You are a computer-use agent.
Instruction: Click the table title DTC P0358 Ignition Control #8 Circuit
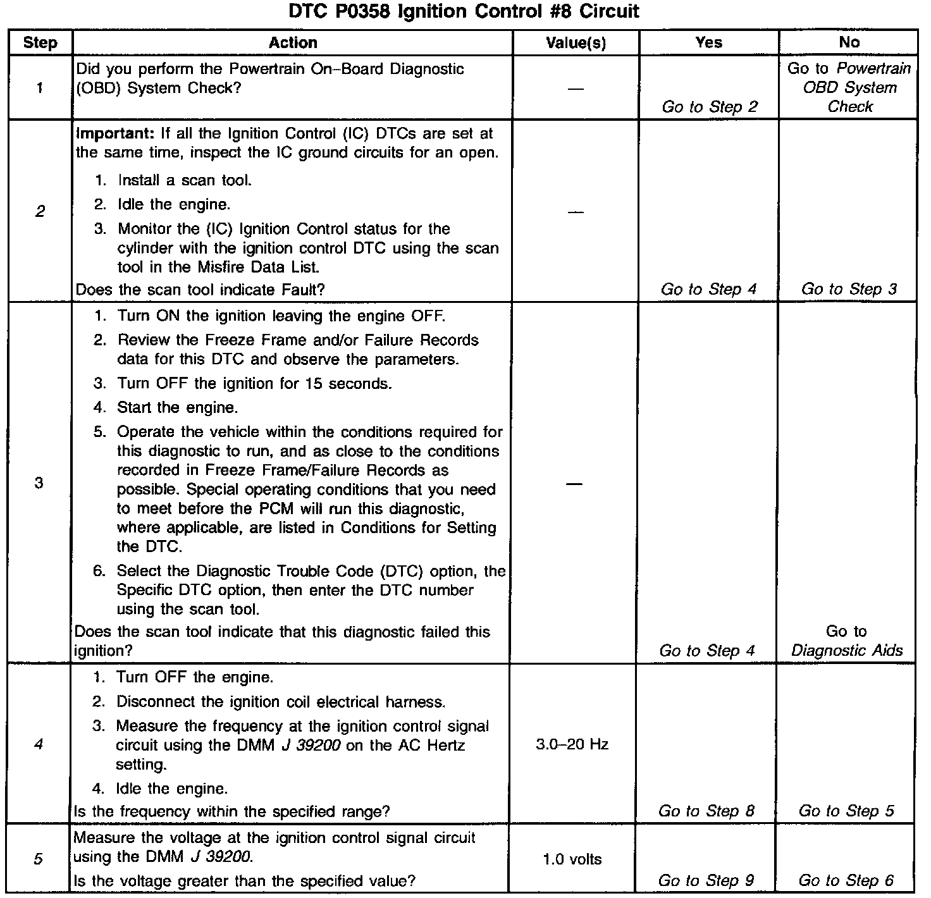click(464, 11)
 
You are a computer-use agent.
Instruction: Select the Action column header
click(292, 42)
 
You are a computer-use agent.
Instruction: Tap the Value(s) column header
click(576, 43)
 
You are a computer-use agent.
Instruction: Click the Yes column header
click(708, 42)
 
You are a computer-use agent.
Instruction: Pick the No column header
click(849, 42)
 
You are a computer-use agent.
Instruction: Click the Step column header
click(40, 43)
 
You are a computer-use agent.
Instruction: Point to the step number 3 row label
click(39, 483)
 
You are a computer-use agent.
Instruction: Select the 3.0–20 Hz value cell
click(572, 744)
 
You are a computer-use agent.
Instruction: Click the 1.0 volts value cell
click(572, 859)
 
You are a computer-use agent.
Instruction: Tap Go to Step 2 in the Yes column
click(709, 107)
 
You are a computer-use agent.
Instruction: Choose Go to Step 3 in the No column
click(849, 289)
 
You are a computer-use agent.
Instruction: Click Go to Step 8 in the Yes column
click(706, 811)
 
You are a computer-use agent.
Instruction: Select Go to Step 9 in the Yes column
click(706, 880)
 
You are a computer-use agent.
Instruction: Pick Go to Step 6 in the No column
click(846, 880)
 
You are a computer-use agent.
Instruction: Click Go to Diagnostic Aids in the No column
click(847, 641)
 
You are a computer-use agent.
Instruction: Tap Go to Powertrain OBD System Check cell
click(849, 87)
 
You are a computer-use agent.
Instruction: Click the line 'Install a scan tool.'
click(184, 180)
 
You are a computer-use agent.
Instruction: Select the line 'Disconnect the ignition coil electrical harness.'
click(280, 702)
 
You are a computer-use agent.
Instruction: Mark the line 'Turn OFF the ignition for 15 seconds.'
click(254, 384)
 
